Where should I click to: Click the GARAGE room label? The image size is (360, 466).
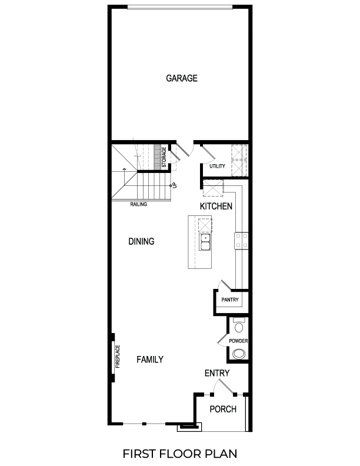click(x=181, y=78)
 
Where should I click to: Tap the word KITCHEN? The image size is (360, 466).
click(x=216, y=207)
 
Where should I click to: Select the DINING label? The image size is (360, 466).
click(x=141, y=241)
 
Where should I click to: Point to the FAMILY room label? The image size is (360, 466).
click(x=150, y=360)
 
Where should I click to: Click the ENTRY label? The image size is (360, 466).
click(x=217, y=373)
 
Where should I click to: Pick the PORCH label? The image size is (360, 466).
click(x=222, y=410)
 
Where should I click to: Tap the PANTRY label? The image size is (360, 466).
click(x=229, y=300)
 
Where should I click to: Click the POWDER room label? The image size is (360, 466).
click(x=238, y=341)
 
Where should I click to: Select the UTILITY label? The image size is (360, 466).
click(x=217, y=167)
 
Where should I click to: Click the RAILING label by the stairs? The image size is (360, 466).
click(x=139, y=205)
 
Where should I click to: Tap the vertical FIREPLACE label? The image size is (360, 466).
click(x=117, y=356)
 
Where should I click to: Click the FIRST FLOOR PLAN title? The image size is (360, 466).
click(x=181, y=454)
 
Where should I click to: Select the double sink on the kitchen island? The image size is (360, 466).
click(x=205, y=242)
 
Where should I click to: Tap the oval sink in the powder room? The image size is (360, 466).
click(x=239, y=354)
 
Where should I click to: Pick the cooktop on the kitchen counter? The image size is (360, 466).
click(x=241, y=239)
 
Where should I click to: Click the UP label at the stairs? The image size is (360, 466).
click(x=175, y=185)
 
